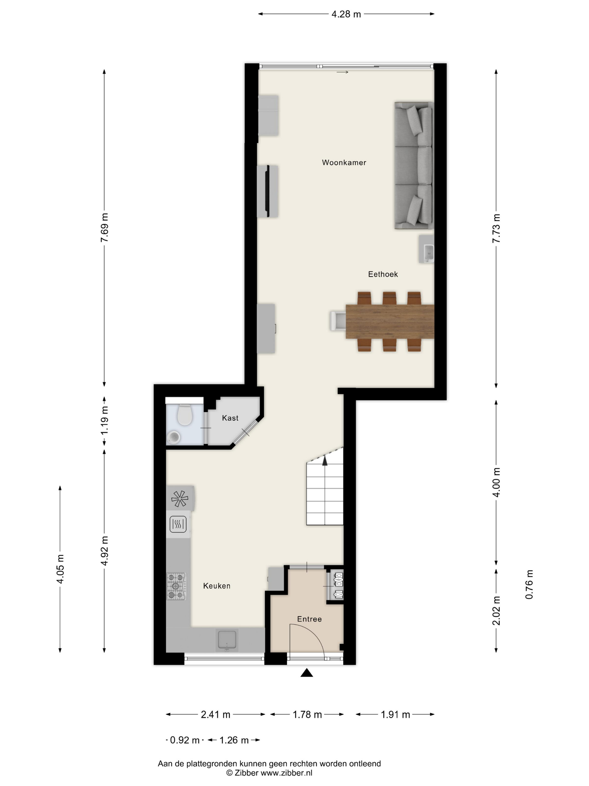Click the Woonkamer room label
344,162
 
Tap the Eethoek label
383,274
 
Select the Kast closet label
230,418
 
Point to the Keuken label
217,586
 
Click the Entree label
309,619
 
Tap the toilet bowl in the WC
185,415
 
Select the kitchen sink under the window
227,640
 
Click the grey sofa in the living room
414,165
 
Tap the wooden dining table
390,321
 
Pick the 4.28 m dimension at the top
346,14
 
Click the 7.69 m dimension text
104,227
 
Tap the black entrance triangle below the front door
307,672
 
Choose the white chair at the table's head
338,321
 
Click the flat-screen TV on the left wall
268,191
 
